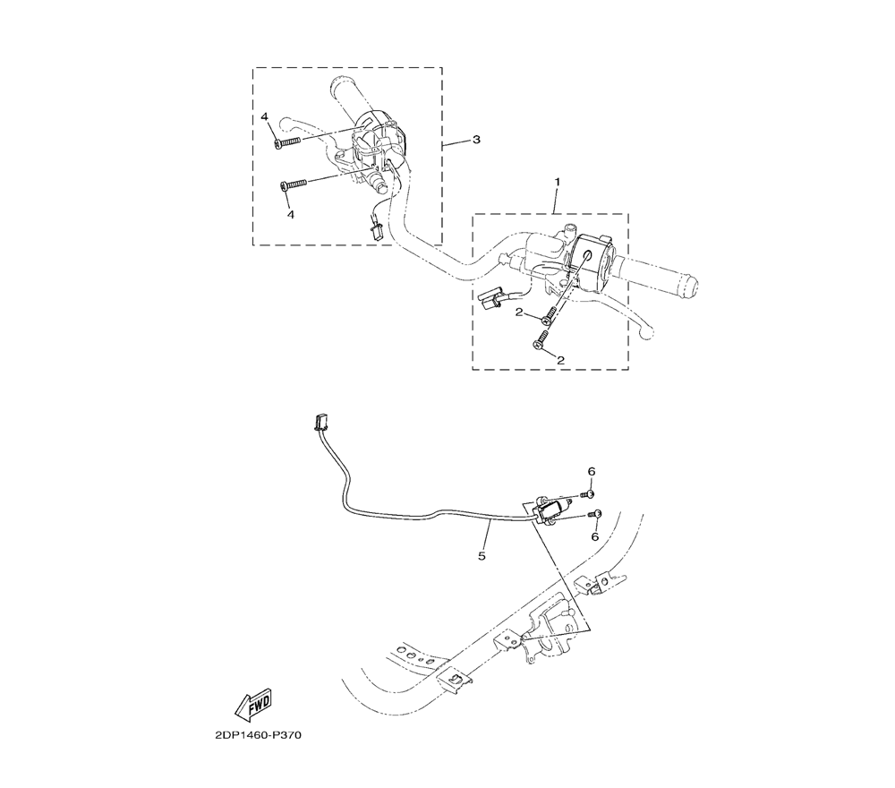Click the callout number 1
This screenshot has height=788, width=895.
tap(558, 182)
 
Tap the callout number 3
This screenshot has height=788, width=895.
tap(476, 140)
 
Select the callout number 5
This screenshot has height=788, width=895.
tap(482, 555)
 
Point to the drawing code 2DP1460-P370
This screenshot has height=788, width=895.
tap(258, 735)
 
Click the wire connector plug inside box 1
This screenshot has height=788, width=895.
tap(490, 298)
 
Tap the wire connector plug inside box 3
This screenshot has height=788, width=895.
tap(376, 232)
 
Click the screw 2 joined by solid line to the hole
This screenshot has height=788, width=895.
tap(550, 314)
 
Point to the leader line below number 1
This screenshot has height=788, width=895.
tap(557, 201)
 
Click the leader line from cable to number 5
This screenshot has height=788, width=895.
tap(488, 535)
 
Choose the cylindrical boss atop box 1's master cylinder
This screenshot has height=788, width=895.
tap(567, 231)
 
